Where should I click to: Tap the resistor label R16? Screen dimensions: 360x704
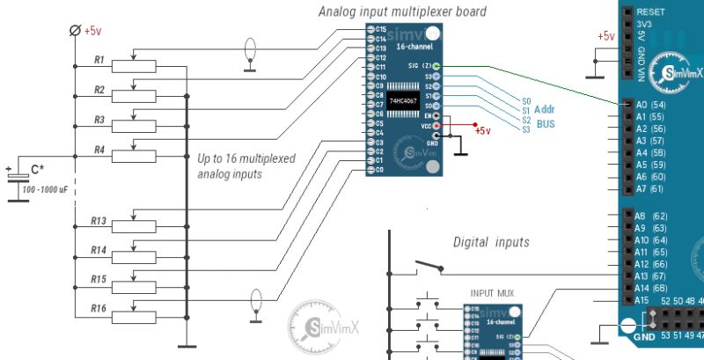pos(98,308)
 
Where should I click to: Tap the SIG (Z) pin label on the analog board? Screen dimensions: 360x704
pos(420,66)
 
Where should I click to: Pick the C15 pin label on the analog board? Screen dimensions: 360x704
pos(379,29)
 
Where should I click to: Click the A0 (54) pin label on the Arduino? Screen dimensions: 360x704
pos(650,105)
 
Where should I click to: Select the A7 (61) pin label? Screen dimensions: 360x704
pos(650,188)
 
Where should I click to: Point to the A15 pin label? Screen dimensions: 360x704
pos(642,300)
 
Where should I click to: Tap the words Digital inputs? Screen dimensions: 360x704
pos(491,241)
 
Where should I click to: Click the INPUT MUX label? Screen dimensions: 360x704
pos(493,292)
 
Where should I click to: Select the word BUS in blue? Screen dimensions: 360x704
pos(545,124)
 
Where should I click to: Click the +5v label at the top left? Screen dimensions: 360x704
pos(93,31)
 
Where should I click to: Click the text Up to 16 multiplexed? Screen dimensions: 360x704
pos(246,159)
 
